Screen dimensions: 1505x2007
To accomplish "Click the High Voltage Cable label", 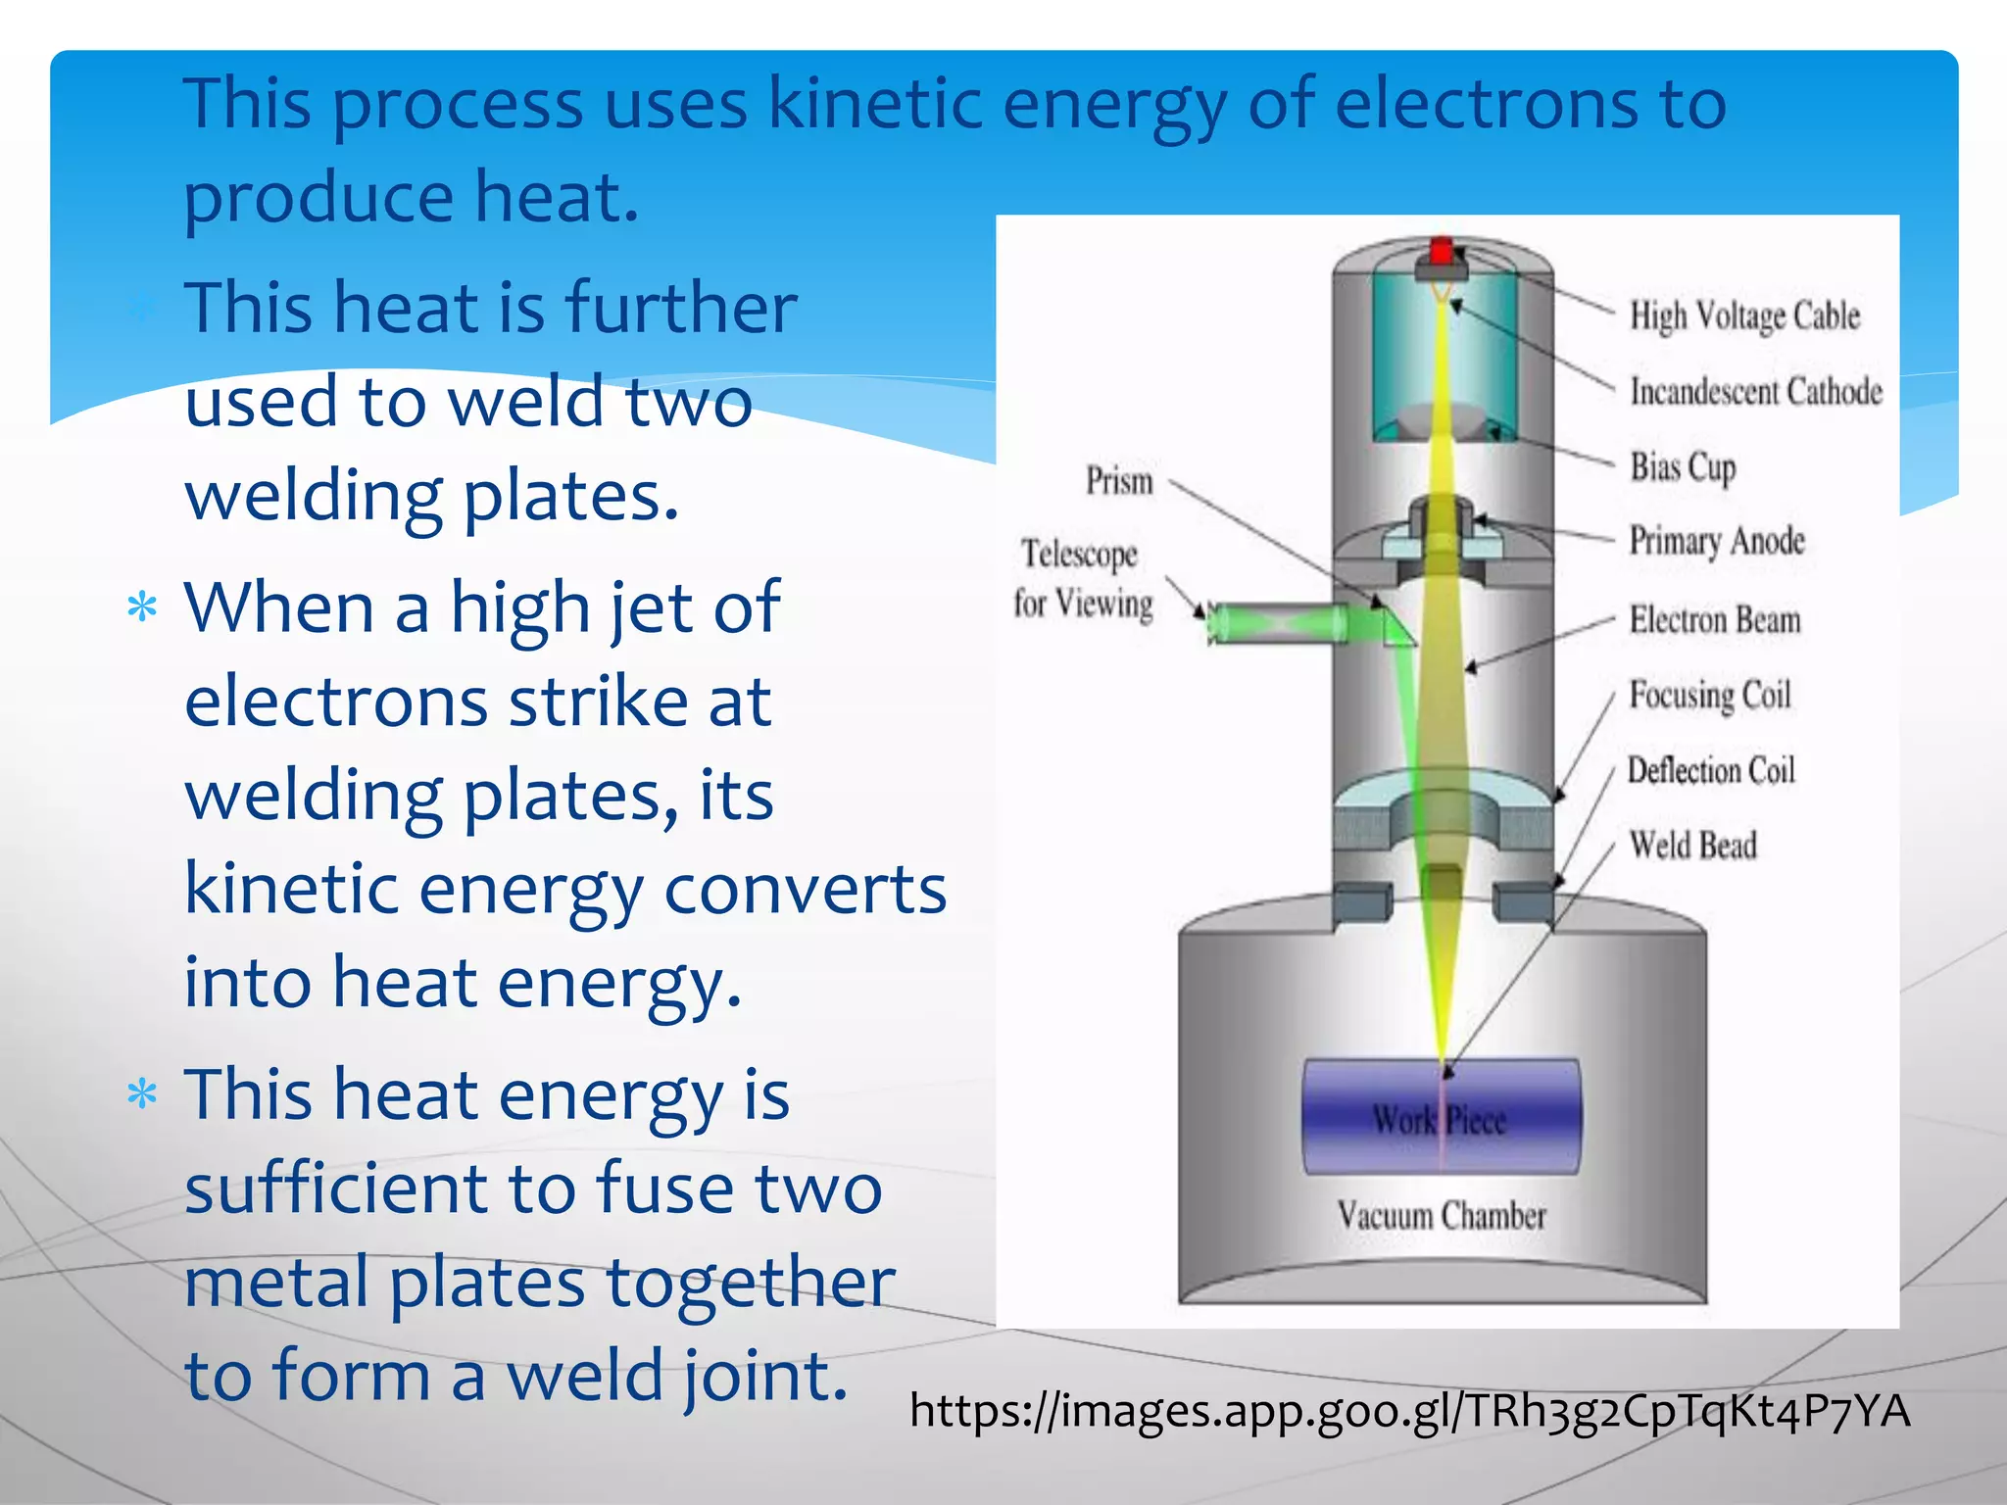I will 1744,316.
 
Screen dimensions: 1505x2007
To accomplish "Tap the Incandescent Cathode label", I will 1756,391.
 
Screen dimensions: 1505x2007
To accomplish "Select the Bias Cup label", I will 1683,466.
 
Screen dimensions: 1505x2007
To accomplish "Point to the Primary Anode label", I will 1717,541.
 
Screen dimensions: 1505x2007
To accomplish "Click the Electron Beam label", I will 1715,619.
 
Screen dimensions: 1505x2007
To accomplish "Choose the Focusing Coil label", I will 1710,695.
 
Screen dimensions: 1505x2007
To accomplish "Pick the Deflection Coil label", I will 1711,770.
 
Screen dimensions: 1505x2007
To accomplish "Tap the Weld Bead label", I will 1692,845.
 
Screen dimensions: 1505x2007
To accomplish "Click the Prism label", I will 1119,481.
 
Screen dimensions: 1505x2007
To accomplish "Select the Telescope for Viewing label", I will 1083,579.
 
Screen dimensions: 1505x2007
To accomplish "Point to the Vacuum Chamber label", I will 1442,1216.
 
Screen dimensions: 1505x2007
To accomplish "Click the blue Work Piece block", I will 1441,1117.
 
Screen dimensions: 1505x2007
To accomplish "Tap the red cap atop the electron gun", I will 1441,251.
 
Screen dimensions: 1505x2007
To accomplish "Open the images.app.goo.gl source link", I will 1409,1412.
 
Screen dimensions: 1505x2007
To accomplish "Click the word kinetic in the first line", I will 875,103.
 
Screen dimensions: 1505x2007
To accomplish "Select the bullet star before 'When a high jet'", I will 143,607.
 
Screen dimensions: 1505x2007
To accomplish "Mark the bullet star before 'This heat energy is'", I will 143,1093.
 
